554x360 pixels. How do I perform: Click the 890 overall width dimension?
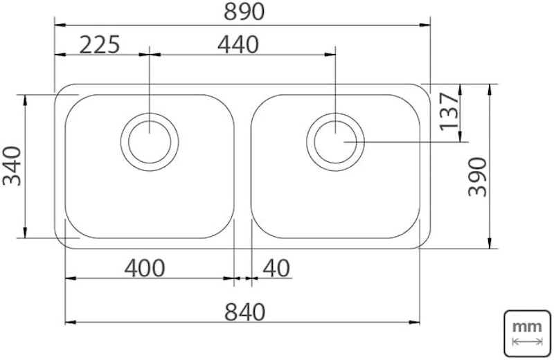tap(244, 12)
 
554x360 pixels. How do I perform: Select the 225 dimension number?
tap(100, 45)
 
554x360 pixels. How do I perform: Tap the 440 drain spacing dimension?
tap(238, 45)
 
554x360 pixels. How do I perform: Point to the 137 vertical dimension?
tap(449, 111)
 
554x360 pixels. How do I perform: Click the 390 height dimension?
tap(478, 177)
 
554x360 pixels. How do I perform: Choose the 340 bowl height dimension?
tap(12, 166)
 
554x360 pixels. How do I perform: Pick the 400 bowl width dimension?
tap(145, 268)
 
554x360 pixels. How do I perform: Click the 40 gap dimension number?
tap(276, 268)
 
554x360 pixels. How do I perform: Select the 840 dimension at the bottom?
tap(244, 312)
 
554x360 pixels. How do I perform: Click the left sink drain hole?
tap(150, 142)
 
